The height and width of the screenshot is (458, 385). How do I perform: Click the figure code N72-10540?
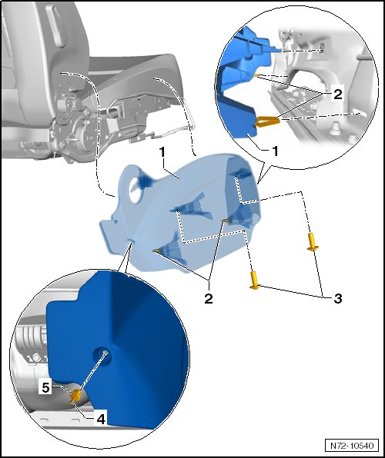pos(352,446)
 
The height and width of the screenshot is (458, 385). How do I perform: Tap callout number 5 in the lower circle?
pos(45,387)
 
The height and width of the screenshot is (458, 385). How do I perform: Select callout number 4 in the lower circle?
pos(100,419)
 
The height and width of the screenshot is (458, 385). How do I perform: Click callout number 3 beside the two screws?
pos(338,298)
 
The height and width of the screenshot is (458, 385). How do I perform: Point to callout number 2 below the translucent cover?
pos(209,298)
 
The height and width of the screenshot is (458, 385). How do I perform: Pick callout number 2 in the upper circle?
pos(338,95)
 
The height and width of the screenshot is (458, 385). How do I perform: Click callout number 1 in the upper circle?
pos(275,151)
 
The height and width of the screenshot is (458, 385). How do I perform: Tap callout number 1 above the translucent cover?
pos(162,152)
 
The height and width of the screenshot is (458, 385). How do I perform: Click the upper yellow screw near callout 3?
pos(313,241)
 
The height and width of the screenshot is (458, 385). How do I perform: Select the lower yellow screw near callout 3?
pos(254,280)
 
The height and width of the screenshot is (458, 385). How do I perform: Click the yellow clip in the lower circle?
pos(76,396)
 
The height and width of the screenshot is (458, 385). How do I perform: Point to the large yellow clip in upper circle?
pos(267,121)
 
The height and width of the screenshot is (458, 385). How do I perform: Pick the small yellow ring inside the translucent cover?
pos(227,221)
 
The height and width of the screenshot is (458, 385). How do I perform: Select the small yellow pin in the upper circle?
pos(256,75)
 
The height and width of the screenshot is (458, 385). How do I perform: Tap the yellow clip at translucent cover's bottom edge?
pos(156,251)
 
